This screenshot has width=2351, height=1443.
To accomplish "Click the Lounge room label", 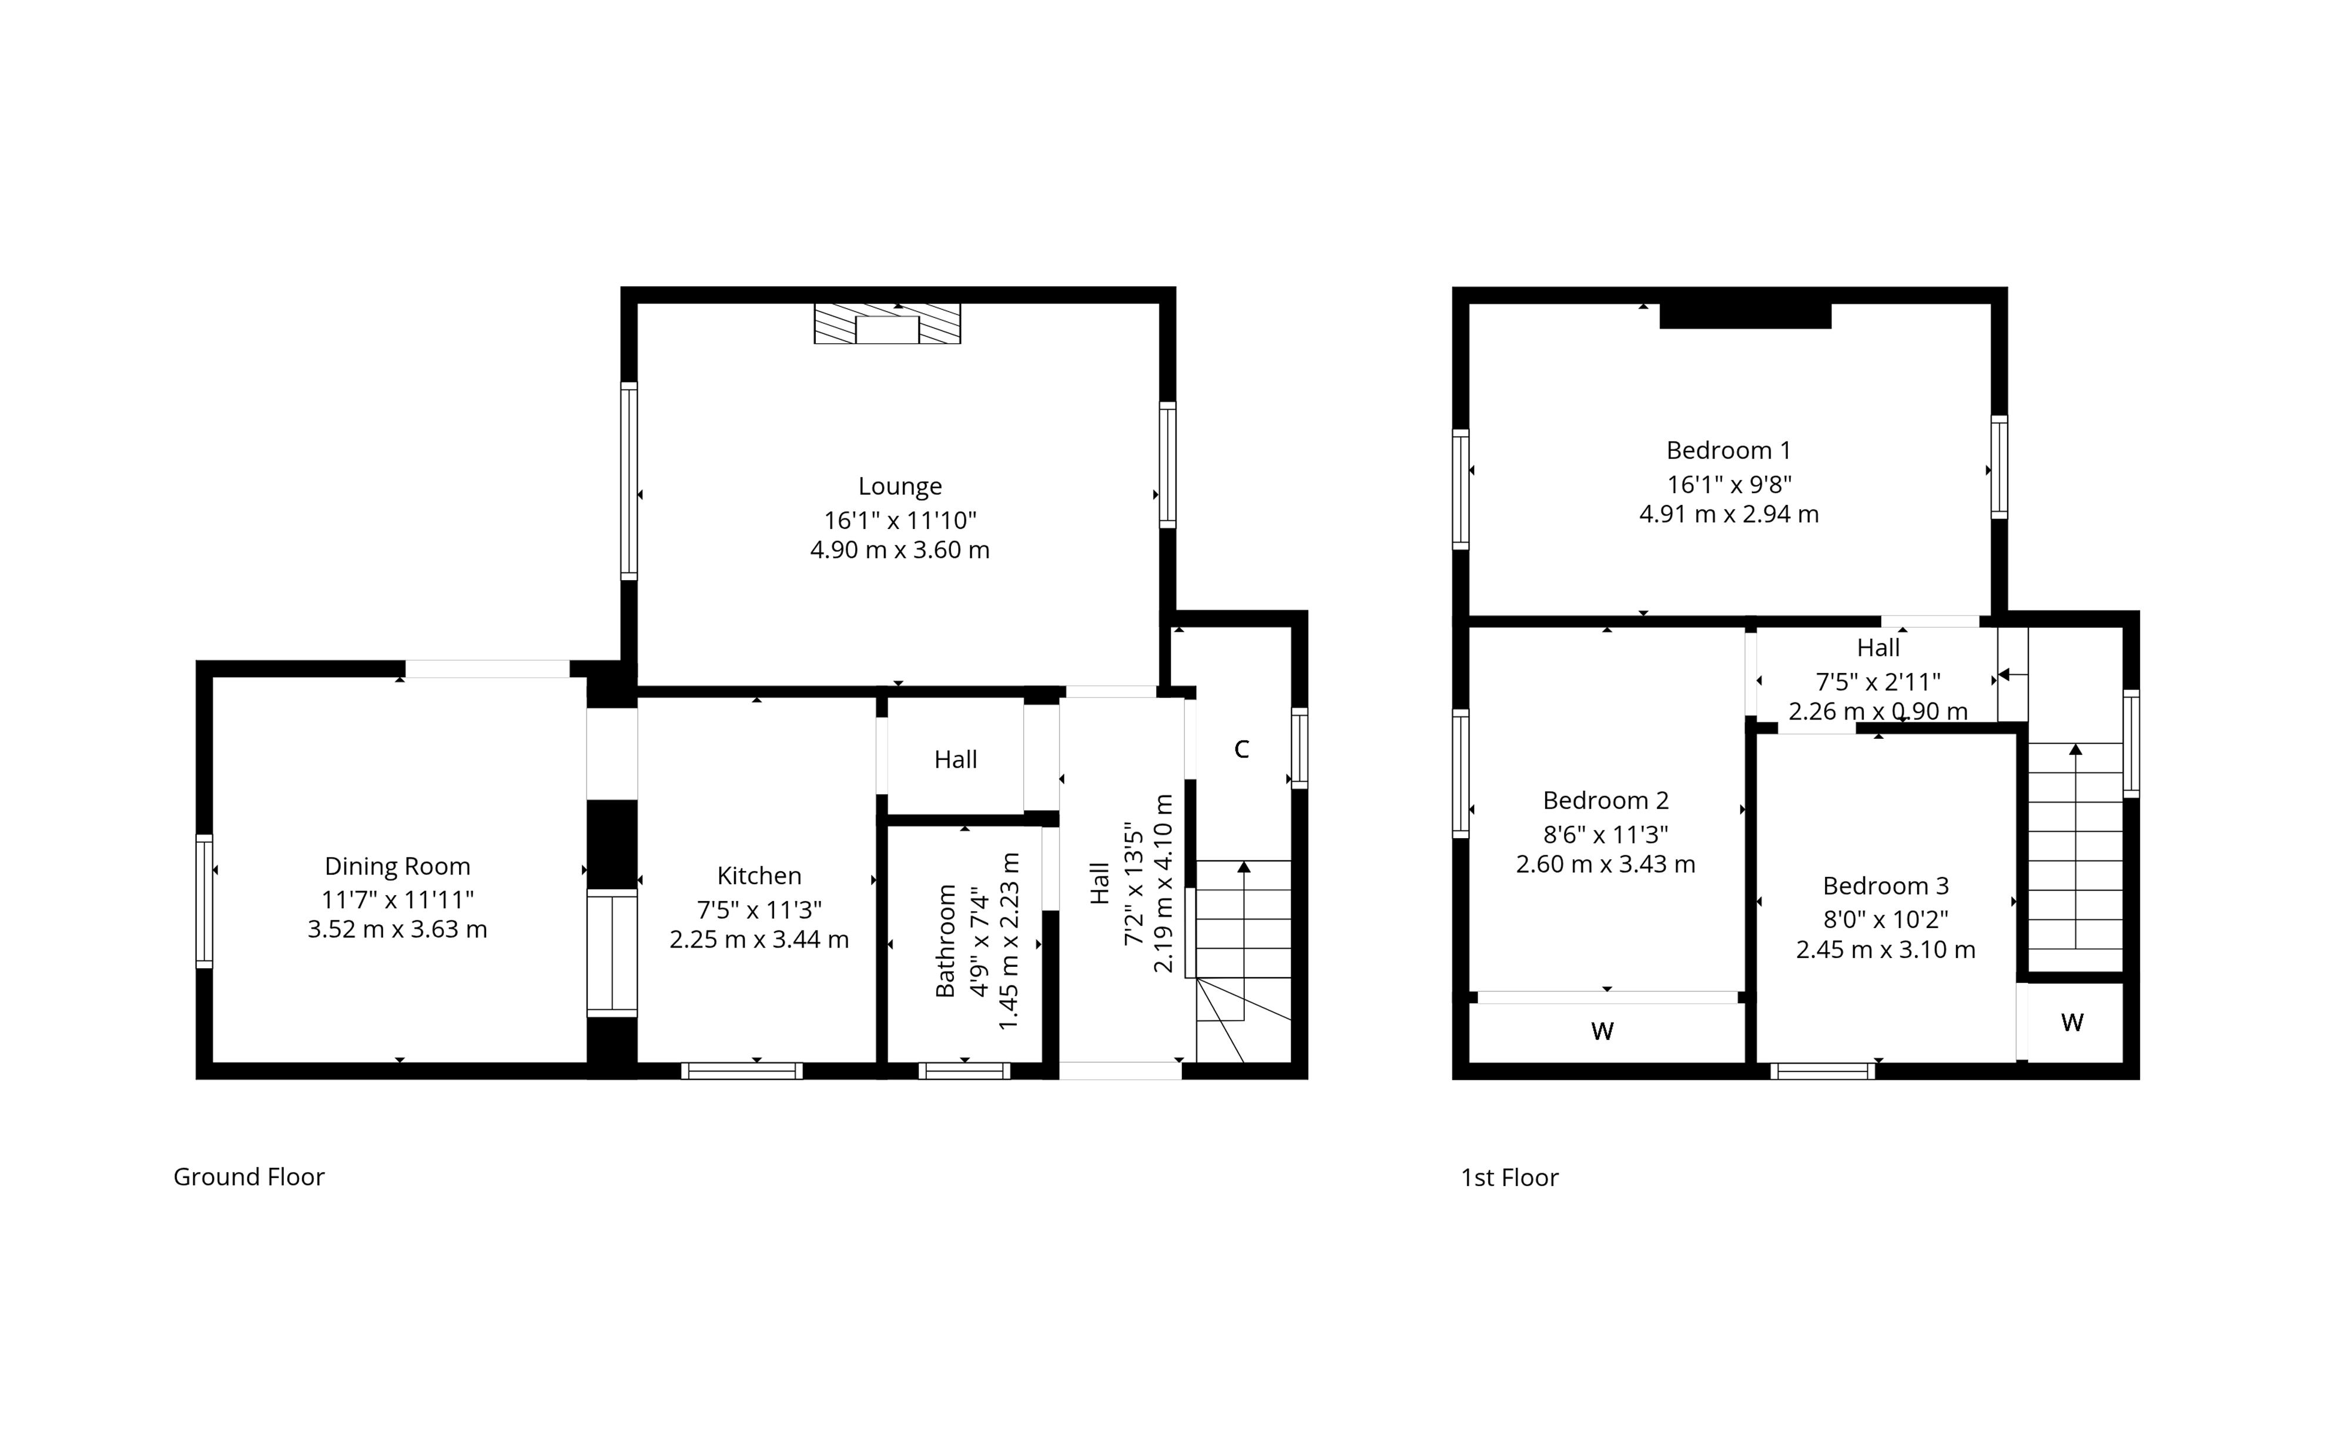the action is [x=900, y=487].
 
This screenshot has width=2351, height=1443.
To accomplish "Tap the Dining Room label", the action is [x=398, y=866].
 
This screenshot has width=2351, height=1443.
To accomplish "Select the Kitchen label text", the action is [x=759, y=876].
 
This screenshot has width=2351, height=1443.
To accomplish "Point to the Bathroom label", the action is [x=946, y=941].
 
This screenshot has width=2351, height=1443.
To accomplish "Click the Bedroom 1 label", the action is [x=1729, y=450].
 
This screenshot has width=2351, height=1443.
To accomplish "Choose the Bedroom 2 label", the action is [x=1606, y=801].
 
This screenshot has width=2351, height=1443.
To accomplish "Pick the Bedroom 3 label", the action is [x=1886, y=886].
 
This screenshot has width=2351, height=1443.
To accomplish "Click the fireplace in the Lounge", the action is [x=888, y=323].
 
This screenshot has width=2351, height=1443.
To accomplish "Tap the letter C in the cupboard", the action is [x=1241, y=750].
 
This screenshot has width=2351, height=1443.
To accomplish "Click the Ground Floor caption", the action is [x=249, y=1177].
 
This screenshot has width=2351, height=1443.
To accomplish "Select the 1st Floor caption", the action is [x=1509, y=1178].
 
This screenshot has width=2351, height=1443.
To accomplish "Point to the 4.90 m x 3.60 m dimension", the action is [x=900, y=551].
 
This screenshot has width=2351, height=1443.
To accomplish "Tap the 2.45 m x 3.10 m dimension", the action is [x=1886, y=950].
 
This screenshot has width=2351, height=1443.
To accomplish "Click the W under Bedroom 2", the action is [x=1602, y=1032].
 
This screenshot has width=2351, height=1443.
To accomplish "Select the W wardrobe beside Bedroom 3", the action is [x=2071, y=1023].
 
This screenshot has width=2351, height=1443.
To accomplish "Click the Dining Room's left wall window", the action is [x=204, y=902].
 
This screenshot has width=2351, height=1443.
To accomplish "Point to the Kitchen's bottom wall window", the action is [x=742, y=1071].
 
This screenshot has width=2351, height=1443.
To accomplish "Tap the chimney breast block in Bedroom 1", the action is [x=1745, y=315].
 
